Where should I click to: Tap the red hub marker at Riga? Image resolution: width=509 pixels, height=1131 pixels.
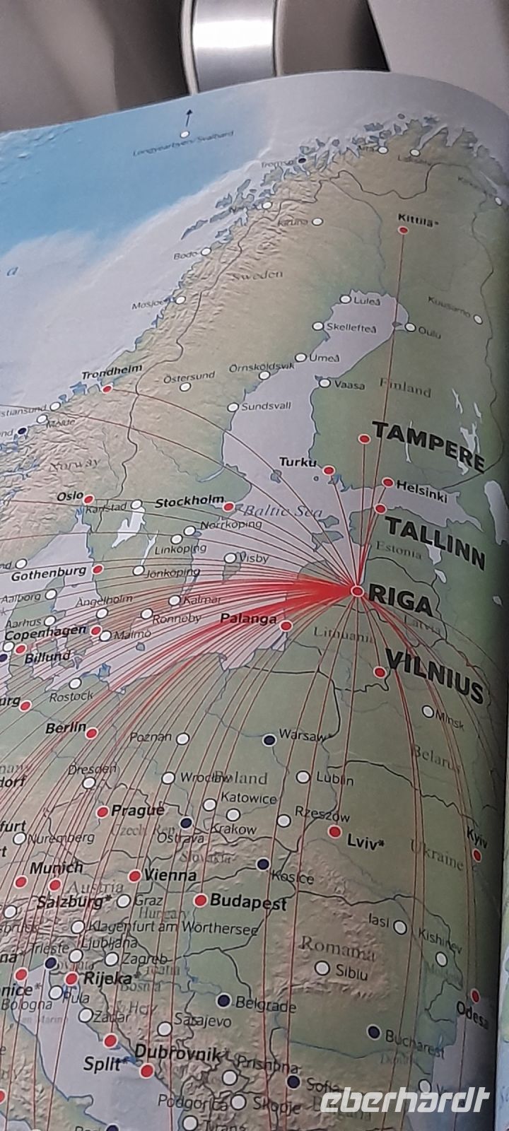point(357,591)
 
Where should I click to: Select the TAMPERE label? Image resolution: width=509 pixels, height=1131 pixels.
point(428,445)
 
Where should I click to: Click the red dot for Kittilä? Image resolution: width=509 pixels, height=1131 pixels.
point(403,230)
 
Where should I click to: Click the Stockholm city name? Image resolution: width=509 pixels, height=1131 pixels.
point(189,503)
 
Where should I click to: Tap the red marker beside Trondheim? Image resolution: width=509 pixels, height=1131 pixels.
point(107,388)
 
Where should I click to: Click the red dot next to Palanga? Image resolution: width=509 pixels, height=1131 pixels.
point(286,626)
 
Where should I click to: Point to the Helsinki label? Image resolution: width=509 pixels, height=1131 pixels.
point(422,491)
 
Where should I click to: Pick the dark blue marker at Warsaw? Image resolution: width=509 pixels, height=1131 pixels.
point(269,740)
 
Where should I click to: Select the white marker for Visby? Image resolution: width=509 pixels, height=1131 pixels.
point(230,558)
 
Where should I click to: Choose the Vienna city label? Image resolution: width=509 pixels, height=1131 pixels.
point(170,875)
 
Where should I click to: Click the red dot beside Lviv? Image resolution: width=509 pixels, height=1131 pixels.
point(334,832)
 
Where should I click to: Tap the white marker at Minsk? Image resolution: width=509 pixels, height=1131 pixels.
point(428,711)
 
